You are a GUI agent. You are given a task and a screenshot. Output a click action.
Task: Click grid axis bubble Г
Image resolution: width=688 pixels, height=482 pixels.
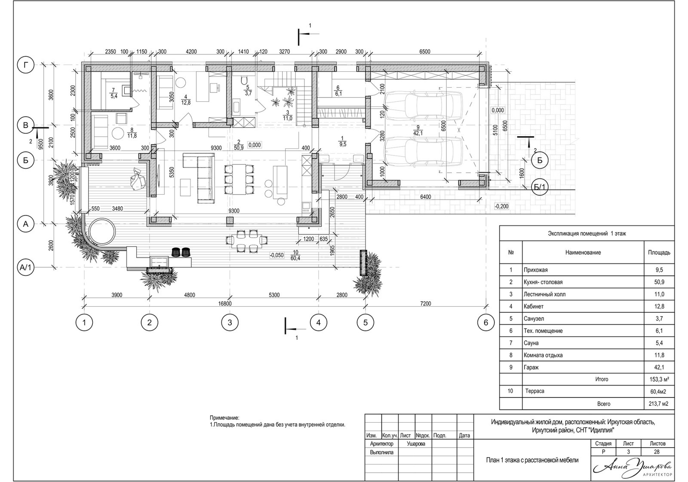click(x=25, y=65)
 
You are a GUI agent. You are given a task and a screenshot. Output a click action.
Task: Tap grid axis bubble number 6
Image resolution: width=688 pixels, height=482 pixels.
click(x=485, y=323)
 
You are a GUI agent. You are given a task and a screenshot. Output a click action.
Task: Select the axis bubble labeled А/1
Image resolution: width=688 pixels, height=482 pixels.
click(x=25, y=268)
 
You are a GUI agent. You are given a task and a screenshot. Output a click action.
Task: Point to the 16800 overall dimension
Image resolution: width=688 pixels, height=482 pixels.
click(x=224, y=304)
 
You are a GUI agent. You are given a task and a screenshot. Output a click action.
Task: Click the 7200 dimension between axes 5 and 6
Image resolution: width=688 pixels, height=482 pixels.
click(x=425, y=303)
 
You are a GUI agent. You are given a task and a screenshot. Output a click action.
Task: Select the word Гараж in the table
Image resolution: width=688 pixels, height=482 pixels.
click(x=531, y=367)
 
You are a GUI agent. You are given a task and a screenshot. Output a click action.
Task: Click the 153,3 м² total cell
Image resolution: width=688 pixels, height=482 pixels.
click(x=659, y=379)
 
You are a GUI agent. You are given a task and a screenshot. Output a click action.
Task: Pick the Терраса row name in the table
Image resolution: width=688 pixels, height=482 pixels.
click(x=535, y=391)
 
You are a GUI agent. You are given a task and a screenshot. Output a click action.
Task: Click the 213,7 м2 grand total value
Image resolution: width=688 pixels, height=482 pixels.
click(x=658, y=404)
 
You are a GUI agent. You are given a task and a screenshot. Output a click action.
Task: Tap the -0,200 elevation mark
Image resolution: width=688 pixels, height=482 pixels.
click(x=501, y=207)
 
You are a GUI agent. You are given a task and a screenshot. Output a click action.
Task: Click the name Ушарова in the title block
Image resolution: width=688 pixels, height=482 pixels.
click(x=416, y=444)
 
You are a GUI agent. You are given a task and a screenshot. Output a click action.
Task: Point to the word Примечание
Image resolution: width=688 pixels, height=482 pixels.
click(x=224, y=418)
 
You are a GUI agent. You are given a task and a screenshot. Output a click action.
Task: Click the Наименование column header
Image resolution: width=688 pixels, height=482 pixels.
click(x=583, y=253)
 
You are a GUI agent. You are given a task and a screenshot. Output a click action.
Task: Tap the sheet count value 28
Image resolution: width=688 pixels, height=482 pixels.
click(x=657, y=451)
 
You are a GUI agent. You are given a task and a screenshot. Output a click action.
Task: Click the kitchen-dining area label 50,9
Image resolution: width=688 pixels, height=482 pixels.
click(x=238, y=148)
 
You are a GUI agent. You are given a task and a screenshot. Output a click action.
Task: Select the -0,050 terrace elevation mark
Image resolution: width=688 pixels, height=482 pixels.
click(x=276, y=255)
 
